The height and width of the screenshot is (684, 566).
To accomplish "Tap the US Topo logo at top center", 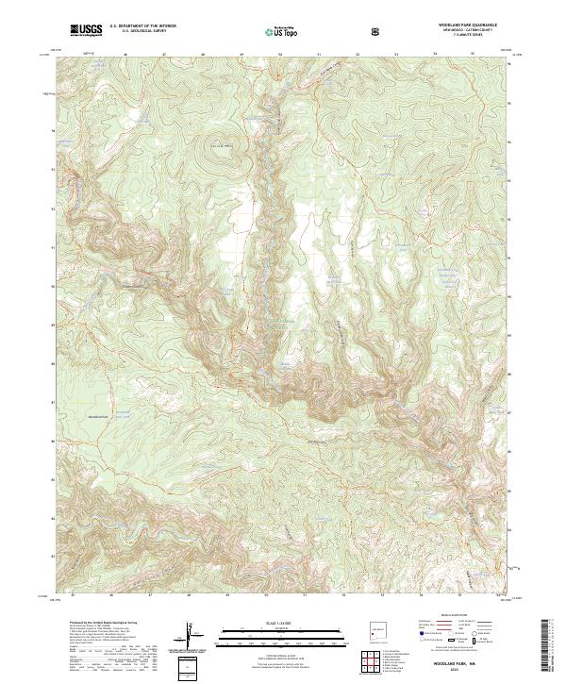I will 277,31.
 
